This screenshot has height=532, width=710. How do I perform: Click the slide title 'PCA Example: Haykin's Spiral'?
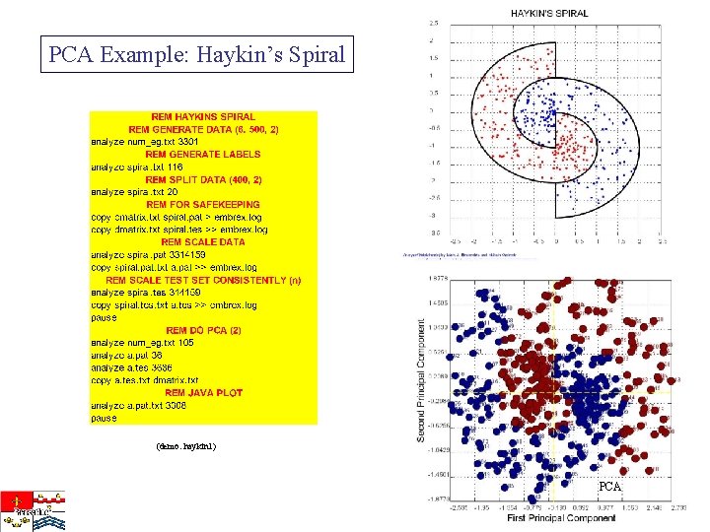click(x=198, y=54)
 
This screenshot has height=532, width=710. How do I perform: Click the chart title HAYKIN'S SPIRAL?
click(x=549, y=13)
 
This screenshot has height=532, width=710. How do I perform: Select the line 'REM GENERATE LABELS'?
click(x=203, y=155)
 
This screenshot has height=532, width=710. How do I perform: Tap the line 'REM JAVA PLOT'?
click(x=203, y=393)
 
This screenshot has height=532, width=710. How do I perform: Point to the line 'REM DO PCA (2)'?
click(x=203, y=331)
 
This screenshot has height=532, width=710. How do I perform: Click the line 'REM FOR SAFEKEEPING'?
click(x=203, y=205)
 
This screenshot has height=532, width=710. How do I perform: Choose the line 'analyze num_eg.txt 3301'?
click(x=144, y=142)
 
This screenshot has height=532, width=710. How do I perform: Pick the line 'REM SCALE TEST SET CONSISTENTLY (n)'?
click(x=203, y=280)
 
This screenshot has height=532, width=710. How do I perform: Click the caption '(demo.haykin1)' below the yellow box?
click(x=185, y=446)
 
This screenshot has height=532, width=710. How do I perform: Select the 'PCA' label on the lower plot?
click(x=610, y=488)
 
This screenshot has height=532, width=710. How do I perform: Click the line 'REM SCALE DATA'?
click(x=203, y=242)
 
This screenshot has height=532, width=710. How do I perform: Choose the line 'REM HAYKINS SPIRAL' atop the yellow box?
click(x=203, y=117)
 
